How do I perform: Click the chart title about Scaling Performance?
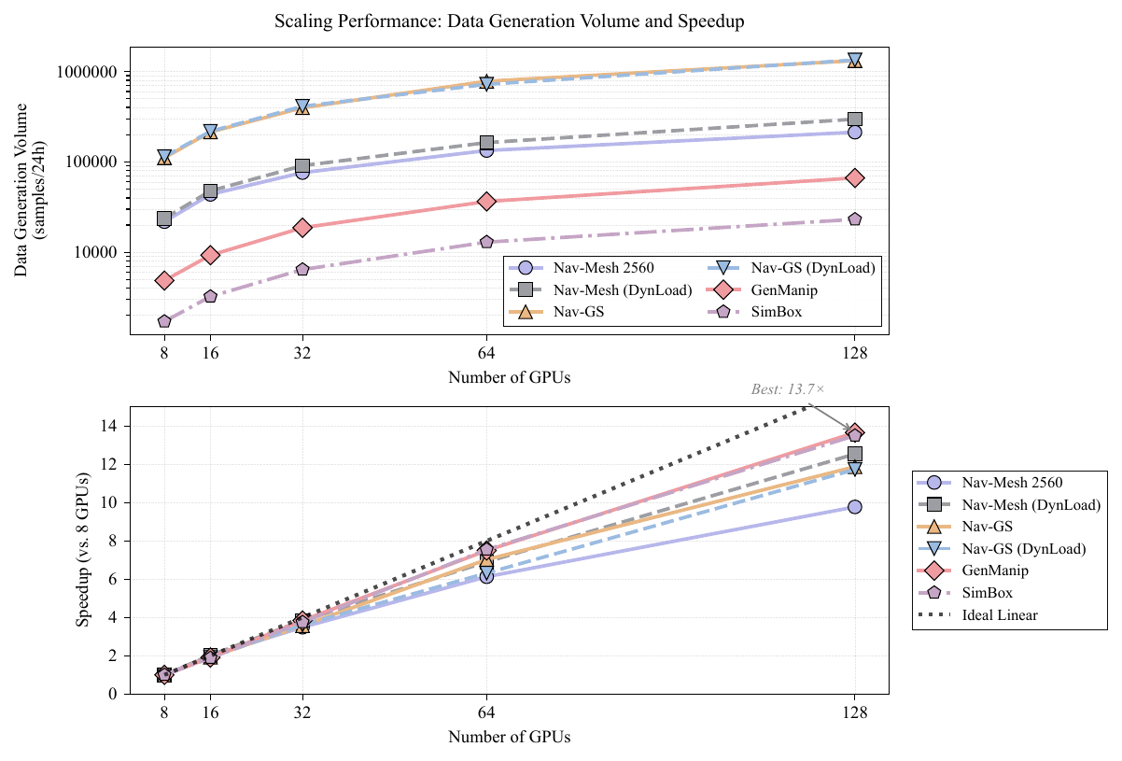509,21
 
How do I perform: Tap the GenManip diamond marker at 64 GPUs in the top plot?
486,201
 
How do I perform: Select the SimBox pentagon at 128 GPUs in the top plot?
854,219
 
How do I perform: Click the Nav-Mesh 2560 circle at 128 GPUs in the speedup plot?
854,507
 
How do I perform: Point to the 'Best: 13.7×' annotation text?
788,389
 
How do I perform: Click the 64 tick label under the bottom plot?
486,713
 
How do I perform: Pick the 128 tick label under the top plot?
854,354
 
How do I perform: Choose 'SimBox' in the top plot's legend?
777,312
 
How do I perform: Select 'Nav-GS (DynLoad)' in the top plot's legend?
813,268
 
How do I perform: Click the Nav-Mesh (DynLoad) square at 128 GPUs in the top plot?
854,120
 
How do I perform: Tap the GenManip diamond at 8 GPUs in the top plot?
164,280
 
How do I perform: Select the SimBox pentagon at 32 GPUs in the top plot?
302,269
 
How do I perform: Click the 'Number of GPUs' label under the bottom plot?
509,737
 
